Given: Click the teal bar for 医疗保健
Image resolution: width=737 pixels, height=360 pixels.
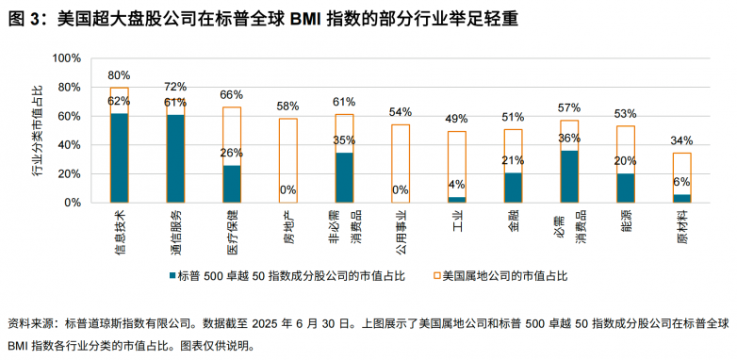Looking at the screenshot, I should [x=232, y=183].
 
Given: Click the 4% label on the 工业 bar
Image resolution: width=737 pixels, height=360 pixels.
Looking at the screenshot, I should [x=457, y=184].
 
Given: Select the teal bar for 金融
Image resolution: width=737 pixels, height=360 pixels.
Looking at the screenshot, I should [x=514, y=187].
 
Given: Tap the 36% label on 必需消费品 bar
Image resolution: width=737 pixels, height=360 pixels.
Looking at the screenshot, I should [x=569, y=138].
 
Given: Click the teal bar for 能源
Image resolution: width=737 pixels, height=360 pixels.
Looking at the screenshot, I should [x=626, y=188].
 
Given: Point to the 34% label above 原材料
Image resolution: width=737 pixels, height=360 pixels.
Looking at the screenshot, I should [x=682, y=141].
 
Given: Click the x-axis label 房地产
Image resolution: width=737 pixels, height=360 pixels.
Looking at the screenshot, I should [x=287, y=227].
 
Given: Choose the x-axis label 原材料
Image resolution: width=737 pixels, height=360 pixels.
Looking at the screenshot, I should [x=681, y=227].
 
